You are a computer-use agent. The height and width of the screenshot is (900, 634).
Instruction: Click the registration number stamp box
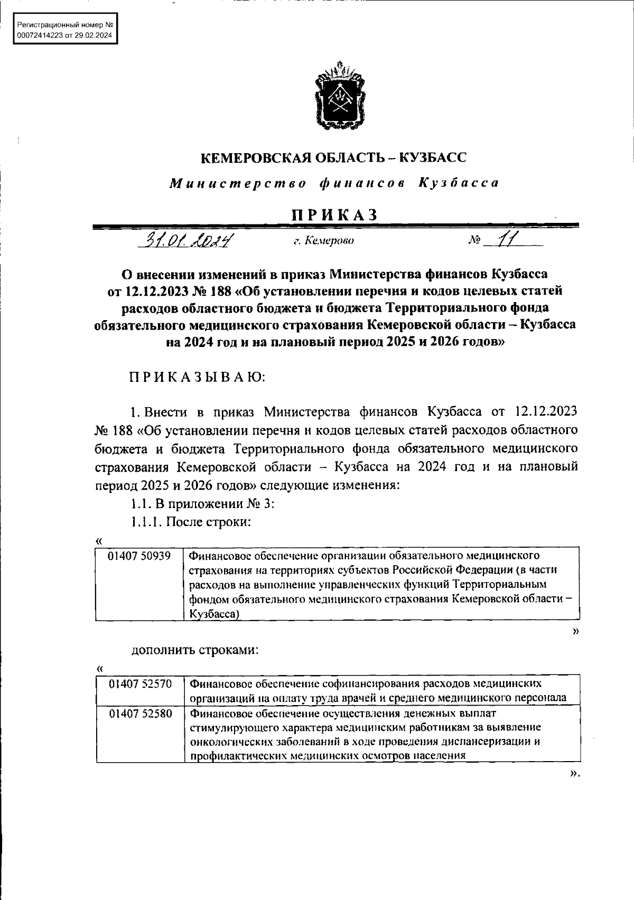[x=66, y=30]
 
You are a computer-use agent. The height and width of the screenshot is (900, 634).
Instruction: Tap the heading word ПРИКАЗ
[x=334, y=214]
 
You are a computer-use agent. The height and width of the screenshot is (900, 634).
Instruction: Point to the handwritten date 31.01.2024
[x=185, y=241]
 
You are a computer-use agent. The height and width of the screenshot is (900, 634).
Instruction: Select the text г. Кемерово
[x=324, y=241]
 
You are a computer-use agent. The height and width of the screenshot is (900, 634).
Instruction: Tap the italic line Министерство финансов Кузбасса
[x=334, y=184]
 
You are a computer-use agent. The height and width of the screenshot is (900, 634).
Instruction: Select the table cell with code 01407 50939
[x=139, y=556]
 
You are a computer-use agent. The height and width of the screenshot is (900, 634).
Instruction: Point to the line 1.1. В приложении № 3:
[x=203, y=504]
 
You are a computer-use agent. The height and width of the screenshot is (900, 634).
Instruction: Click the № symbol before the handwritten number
[x=474, y=241]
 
